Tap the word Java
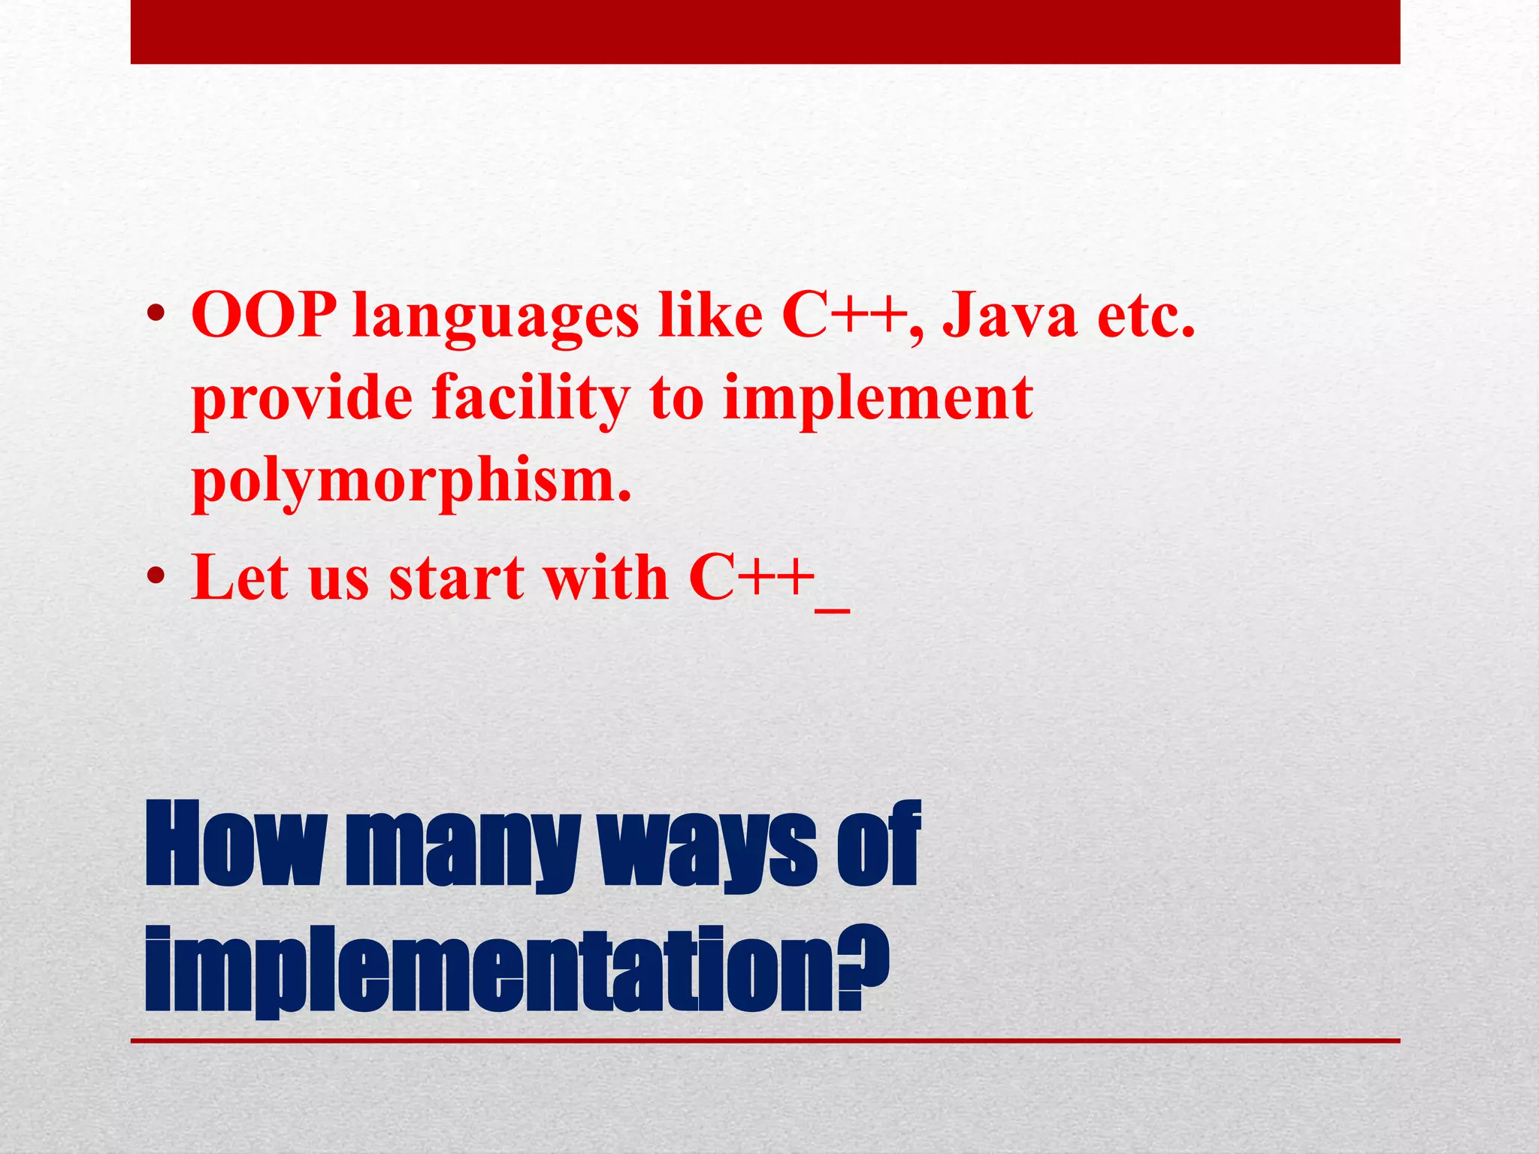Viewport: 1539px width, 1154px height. (x=1009, y=316)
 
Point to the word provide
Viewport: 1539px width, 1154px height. (x=302, y=400)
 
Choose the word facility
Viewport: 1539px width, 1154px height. (x=531, y=400)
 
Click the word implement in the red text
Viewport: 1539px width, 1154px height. (x=877, y=398)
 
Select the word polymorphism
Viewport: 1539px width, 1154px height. (x=411, y=482)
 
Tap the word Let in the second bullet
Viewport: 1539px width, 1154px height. (x=239, y=577)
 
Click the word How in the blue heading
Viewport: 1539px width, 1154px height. (x=233, y=845)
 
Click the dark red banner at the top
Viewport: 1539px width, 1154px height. (x=765, y=32)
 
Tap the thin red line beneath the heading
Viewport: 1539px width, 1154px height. (x=765, y=1041)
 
